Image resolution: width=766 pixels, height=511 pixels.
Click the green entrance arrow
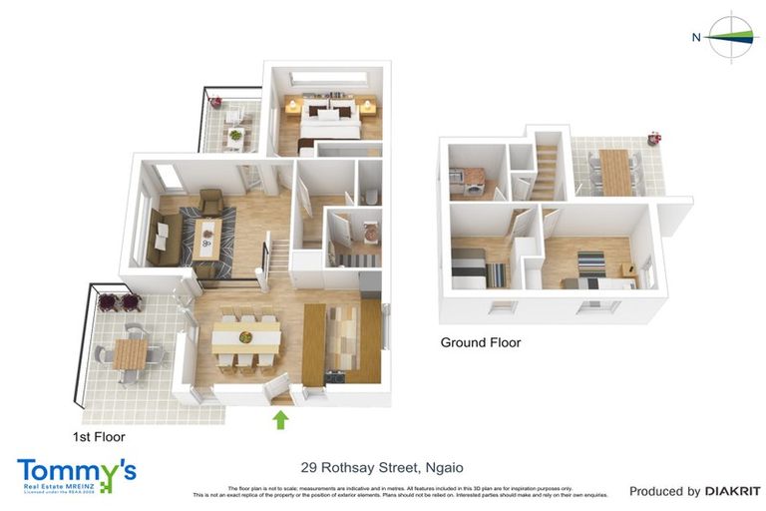click(281, 419)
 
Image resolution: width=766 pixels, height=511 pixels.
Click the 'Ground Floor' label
click(481, 342)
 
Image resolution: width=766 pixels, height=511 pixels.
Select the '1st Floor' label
click(98, 436)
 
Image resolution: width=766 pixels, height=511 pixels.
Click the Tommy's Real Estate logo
click(76, 475)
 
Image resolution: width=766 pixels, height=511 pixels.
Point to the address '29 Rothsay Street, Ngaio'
click(382, 467)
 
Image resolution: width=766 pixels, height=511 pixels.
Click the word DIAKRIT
click(733, 491)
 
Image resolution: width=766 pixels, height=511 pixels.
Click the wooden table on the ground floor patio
click(614, 170)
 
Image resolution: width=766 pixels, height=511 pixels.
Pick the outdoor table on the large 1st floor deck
click(131, 352)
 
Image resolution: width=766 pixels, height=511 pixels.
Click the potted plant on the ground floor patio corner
click(654, 137)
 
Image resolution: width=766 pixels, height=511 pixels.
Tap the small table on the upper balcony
click(235, 135)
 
